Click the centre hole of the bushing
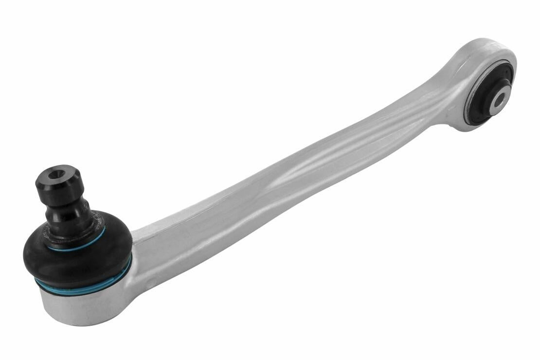499,101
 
